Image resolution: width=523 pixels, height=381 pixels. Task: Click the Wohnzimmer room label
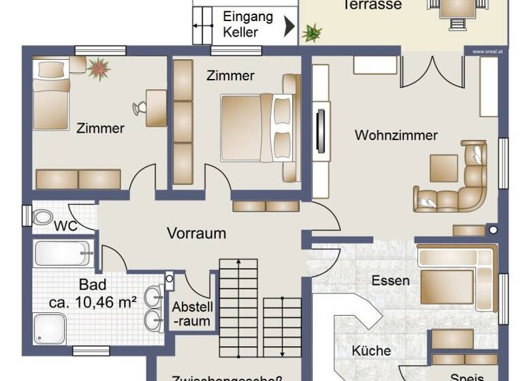396,135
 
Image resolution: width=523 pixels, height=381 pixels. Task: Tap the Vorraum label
196,233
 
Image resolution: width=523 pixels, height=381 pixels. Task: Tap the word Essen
390,280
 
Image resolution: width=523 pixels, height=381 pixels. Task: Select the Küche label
371,351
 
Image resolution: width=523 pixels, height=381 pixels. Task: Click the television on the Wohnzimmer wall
321,129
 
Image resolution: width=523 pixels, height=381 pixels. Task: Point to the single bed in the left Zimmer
52,95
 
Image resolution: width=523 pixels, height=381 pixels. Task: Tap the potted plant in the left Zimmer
99,69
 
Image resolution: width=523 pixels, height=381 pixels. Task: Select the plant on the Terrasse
313,31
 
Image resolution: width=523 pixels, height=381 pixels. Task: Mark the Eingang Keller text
248,24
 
